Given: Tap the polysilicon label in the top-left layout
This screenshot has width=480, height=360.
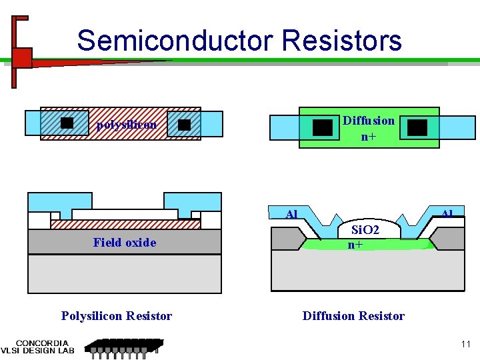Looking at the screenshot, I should coord(127,125).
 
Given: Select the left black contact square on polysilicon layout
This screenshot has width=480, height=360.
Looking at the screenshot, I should coord(67,123).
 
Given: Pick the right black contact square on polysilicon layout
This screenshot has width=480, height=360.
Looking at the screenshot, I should coord(185,125).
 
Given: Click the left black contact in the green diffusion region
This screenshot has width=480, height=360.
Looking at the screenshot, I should coord(323,127).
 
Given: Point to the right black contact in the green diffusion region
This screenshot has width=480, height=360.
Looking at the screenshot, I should coord(417,127).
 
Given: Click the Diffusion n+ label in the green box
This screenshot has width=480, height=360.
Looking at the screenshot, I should coord(369,129).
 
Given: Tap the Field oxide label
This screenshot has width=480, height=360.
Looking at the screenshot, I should coord(125,243).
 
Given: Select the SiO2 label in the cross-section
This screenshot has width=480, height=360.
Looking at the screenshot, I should coord(365,230).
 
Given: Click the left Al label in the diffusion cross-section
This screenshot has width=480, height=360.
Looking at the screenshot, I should coord(291,215).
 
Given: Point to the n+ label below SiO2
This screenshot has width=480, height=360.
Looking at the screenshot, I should coord(355,245).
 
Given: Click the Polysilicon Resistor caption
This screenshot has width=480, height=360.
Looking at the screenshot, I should coord(117,316).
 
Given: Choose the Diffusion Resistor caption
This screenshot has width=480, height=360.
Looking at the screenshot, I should coord(353,316).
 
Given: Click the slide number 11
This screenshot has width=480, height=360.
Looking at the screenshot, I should coord(465,345).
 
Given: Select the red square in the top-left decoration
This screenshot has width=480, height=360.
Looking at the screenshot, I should coord(22,58).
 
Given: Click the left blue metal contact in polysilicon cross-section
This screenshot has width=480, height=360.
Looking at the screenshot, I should coord(59,203).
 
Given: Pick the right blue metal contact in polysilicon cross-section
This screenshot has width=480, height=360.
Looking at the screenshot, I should coord(193,203).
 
